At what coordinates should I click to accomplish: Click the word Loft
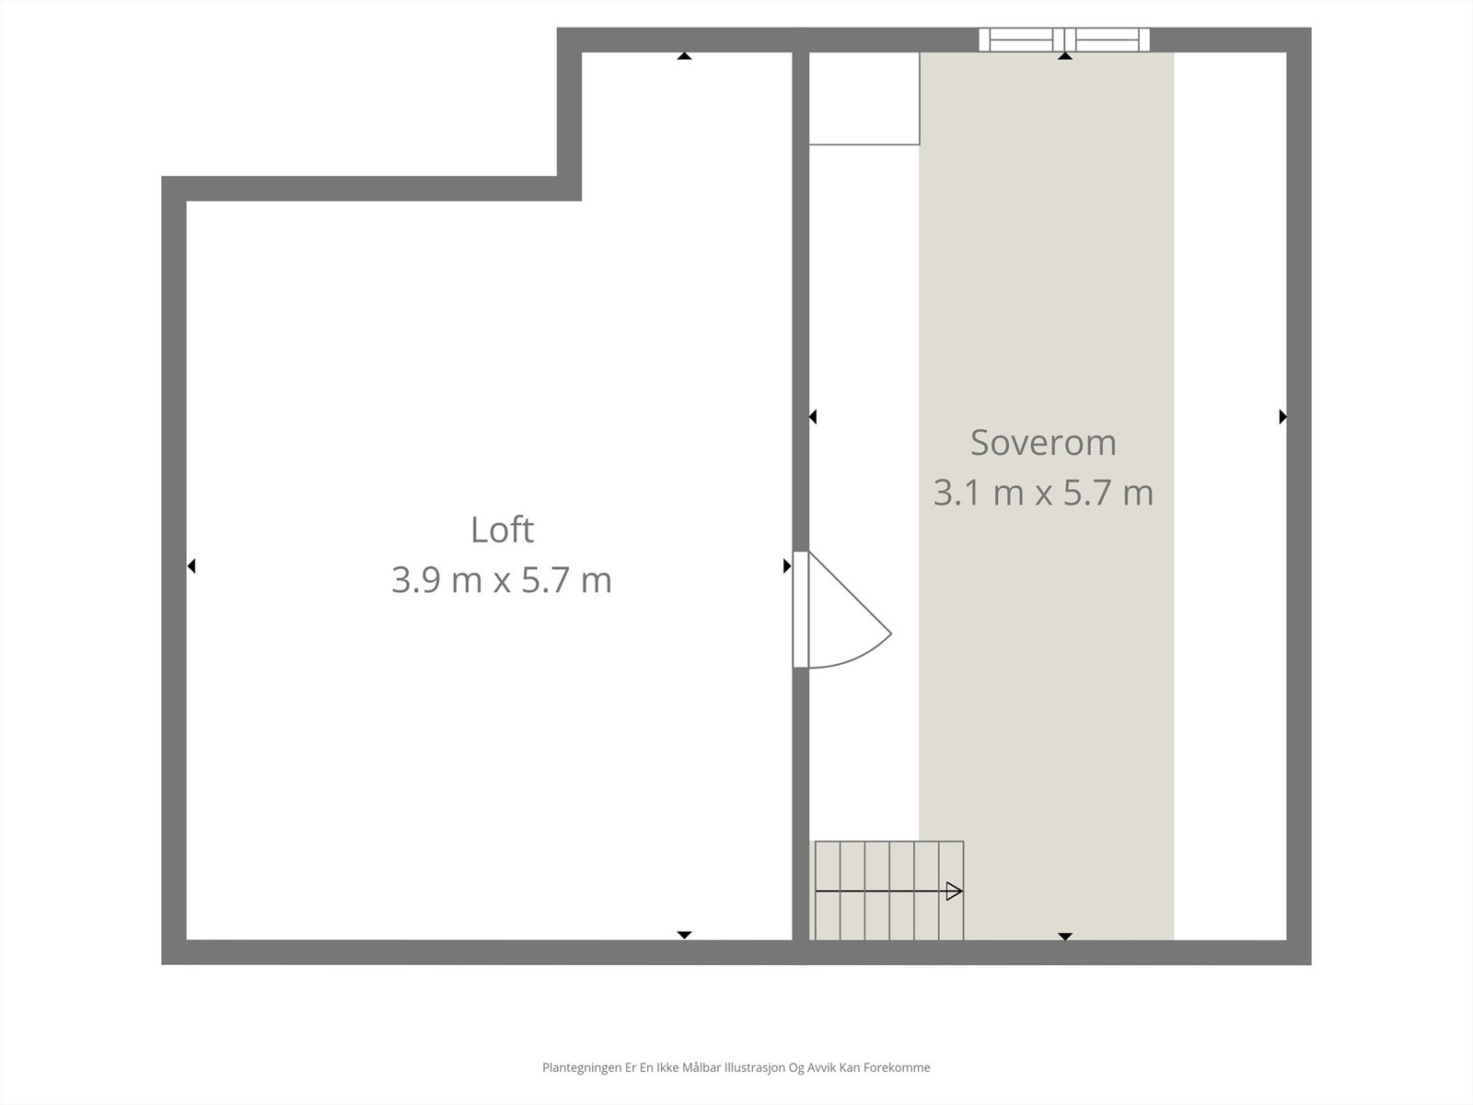click(x=502, y=530)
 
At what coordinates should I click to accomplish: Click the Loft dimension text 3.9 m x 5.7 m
click(x=502, y=581)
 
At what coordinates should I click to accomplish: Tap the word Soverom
click(x=1043, y=443)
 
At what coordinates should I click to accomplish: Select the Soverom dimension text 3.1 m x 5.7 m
click(x=1043, y=493)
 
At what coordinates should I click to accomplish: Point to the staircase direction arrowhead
click(x=954, y=891)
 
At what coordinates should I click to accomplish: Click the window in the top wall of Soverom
click(x=1064, y=39)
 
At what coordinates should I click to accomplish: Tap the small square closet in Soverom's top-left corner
click(x=864, y=99)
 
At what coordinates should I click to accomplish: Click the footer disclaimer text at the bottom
click(x=736, y=1068)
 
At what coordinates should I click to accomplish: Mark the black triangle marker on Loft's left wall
click(x=191, y=566)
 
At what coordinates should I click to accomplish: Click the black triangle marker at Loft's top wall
click(x=684, y=56)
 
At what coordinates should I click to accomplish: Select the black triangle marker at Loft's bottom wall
click(x=684, y=936)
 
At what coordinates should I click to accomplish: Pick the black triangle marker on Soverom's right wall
click(x=1282, y=417)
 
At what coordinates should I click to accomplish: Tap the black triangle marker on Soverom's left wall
click(x=813, y=417)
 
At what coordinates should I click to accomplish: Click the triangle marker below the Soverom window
click(x=1065, y=56)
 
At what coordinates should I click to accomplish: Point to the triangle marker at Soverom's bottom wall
click(x=1065, y=936)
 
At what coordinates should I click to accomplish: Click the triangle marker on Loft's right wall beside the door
click(x=787, y=566)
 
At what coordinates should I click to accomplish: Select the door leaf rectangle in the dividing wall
click(x=801, y=609)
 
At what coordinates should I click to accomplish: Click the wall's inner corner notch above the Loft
click(x=569, y=189)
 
